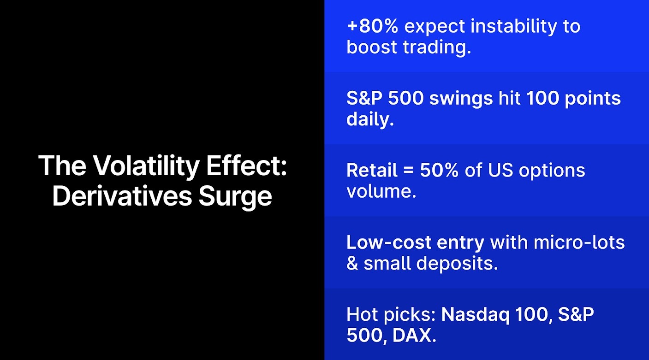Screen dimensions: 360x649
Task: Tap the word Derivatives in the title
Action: click(122, 196)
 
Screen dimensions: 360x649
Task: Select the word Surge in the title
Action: click(235, 196)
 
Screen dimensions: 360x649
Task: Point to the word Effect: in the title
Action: click(246, 166)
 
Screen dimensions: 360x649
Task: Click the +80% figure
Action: click(372, 26)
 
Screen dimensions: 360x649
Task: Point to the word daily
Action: click(370, 119)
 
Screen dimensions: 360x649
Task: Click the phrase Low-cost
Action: click(392, 242)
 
